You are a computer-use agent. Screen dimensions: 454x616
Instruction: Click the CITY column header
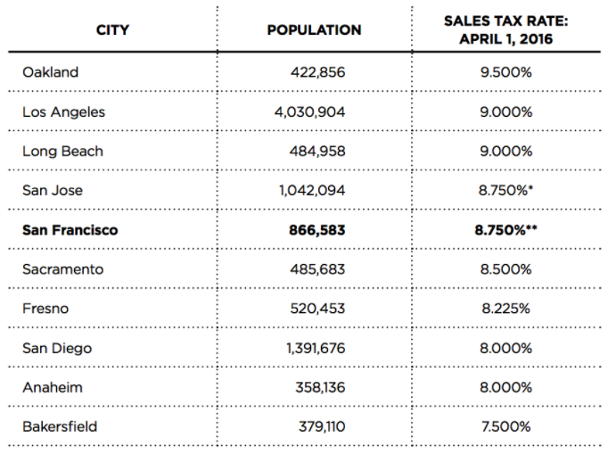tap(112, 30)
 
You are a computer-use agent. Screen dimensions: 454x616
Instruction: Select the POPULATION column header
tap(314, 30)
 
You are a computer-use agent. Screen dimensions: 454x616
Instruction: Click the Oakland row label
tap(50, 72)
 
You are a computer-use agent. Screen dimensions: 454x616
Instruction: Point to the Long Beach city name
tap(62, 152)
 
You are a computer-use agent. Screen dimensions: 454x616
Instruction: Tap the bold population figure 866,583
tap(316, 230)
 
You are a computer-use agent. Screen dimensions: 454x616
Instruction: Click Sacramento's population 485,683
tap(317, 269)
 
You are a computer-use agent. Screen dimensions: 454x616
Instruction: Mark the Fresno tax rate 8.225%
tap(505, 309)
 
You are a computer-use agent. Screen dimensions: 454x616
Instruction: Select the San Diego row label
tap(57, 348)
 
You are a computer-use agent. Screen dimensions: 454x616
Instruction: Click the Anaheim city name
tap(52, 387)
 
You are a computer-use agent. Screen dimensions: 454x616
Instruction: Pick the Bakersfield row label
tap(60, 426)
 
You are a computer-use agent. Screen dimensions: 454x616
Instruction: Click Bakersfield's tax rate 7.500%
tap(505, 426)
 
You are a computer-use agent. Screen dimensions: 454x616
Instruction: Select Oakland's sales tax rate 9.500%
tap(505, 72)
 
